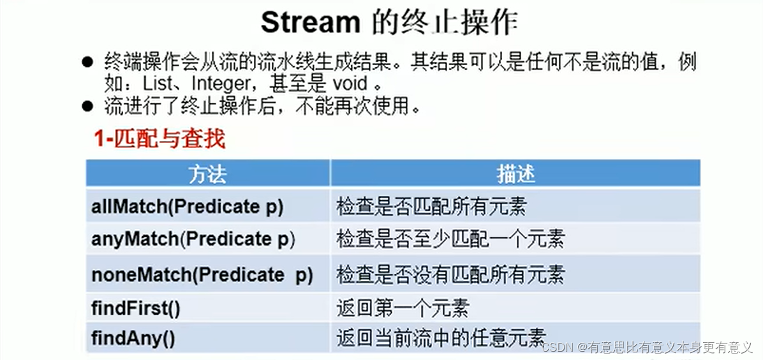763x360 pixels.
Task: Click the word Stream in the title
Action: [x=310, y=23]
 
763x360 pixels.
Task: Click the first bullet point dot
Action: [x=88, y=63]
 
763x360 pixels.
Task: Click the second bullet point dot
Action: [x=88, y=106]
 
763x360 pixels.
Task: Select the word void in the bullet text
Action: [x=348, y=83]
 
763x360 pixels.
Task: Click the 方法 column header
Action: [x=207, y=174]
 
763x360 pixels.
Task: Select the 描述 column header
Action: [x=515, y=174]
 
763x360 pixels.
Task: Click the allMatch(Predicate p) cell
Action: [x=187, y=207]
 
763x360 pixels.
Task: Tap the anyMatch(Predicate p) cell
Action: [x=193, y=240]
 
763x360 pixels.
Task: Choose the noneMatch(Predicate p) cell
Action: [x=202, y=274]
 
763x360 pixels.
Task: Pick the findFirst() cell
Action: [x=136, y=308]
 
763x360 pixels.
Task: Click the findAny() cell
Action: [x=133, y=337]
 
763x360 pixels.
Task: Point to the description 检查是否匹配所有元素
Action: [x=431, y=207]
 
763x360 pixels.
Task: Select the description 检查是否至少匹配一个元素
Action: [x=450, y=240]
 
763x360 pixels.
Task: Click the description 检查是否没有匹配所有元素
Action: [x=450, y=274]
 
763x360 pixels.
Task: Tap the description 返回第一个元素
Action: [x=403, y=308]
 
